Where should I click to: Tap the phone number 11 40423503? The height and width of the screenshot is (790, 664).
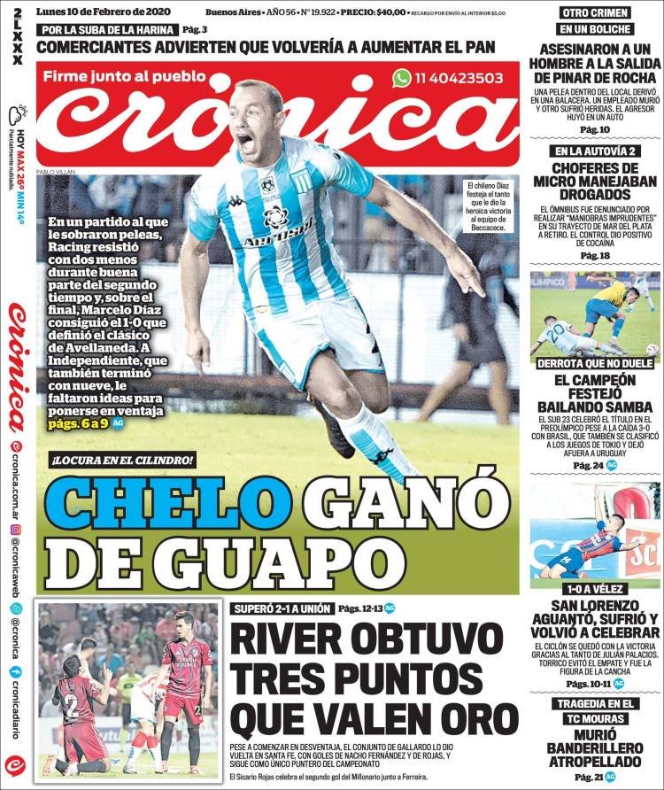[x=459, y=78]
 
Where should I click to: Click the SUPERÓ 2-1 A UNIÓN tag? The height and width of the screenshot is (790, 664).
[x=281, y=608]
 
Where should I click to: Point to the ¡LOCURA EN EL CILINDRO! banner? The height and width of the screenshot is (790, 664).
[x=122, y=460]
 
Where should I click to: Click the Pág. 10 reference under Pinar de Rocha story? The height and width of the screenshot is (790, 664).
[x=595, y=129]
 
